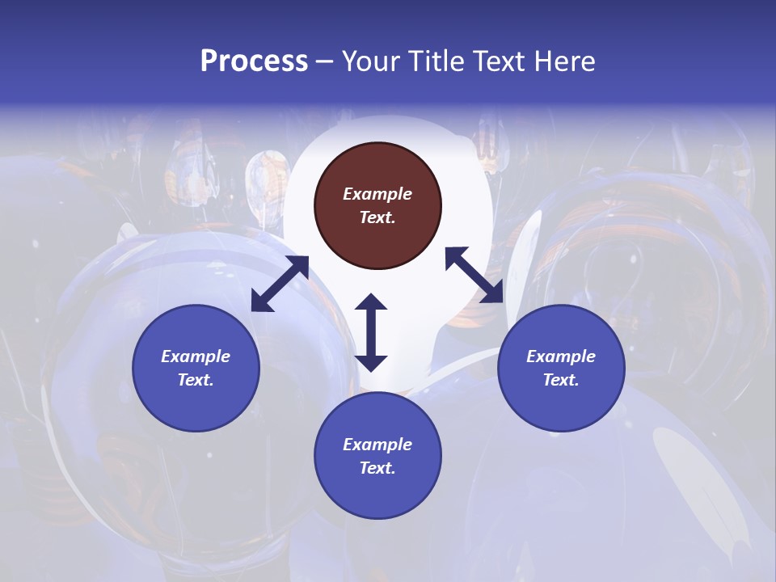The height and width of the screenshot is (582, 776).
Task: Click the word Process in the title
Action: click(x=254, y=61)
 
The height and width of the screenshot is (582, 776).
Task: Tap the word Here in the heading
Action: click(x=565, y=61)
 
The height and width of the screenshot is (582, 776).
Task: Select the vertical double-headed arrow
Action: click(x=371, y=332)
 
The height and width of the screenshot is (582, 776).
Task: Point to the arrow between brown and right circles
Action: click(x=474, y=275)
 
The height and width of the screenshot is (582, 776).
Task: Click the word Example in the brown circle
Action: click(x=377, y=194)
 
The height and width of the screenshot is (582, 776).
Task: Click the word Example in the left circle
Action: click(x=196, y=356)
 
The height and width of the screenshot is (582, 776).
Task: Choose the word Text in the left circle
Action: click(x=195, y=380)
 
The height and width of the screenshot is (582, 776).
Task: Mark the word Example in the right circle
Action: click(x=561, y=356)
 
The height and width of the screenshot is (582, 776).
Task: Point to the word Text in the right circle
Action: click(x=560, y=380)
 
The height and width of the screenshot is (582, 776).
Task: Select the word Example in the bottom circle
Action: click(x=377, y=445)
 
